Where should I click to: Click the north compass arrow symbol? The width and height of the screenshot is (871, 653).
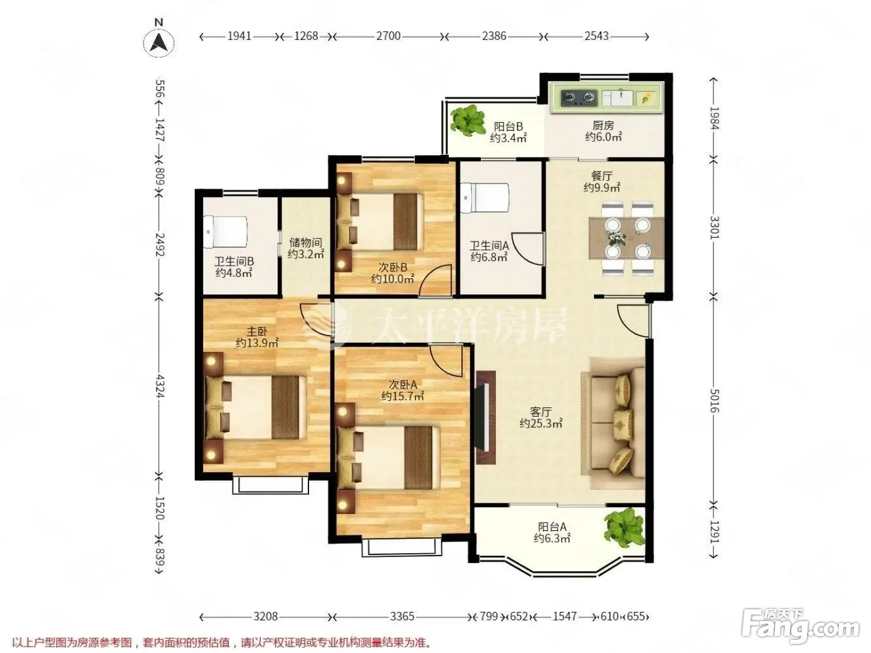[x=159, y=42]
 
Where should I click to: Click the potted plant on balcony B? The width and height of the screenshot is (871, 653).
[x=468, y=119]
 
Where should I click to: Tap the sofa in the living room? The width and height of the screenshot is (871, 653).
[x=617, y=423]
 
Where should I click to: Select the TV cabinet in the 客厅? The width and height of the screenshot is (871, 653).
[x=485, y=417]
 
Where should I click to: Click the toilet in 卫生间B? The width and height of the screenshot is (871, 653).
[x=225, y=232]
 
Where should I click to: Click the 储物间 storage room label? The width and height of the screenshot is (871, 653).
[x=305, y=242]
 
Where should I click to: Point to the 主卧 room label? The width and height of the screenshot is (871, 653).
[x=257, y=332]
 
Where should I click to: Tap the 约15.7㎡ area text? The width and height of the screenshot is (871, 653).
[x=403, y=396]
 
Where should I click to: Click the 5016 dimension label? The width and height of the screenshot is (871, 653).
[x=714, y=400]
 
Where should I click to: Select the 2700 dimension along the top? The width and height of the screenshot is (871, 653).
[x=388, y=36]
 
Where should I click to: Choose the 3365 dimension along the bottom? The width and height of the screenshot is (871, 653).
[x=402, y=616]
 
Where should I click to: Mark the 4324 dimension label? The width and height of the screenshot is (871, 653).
[x=159, y=385]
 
